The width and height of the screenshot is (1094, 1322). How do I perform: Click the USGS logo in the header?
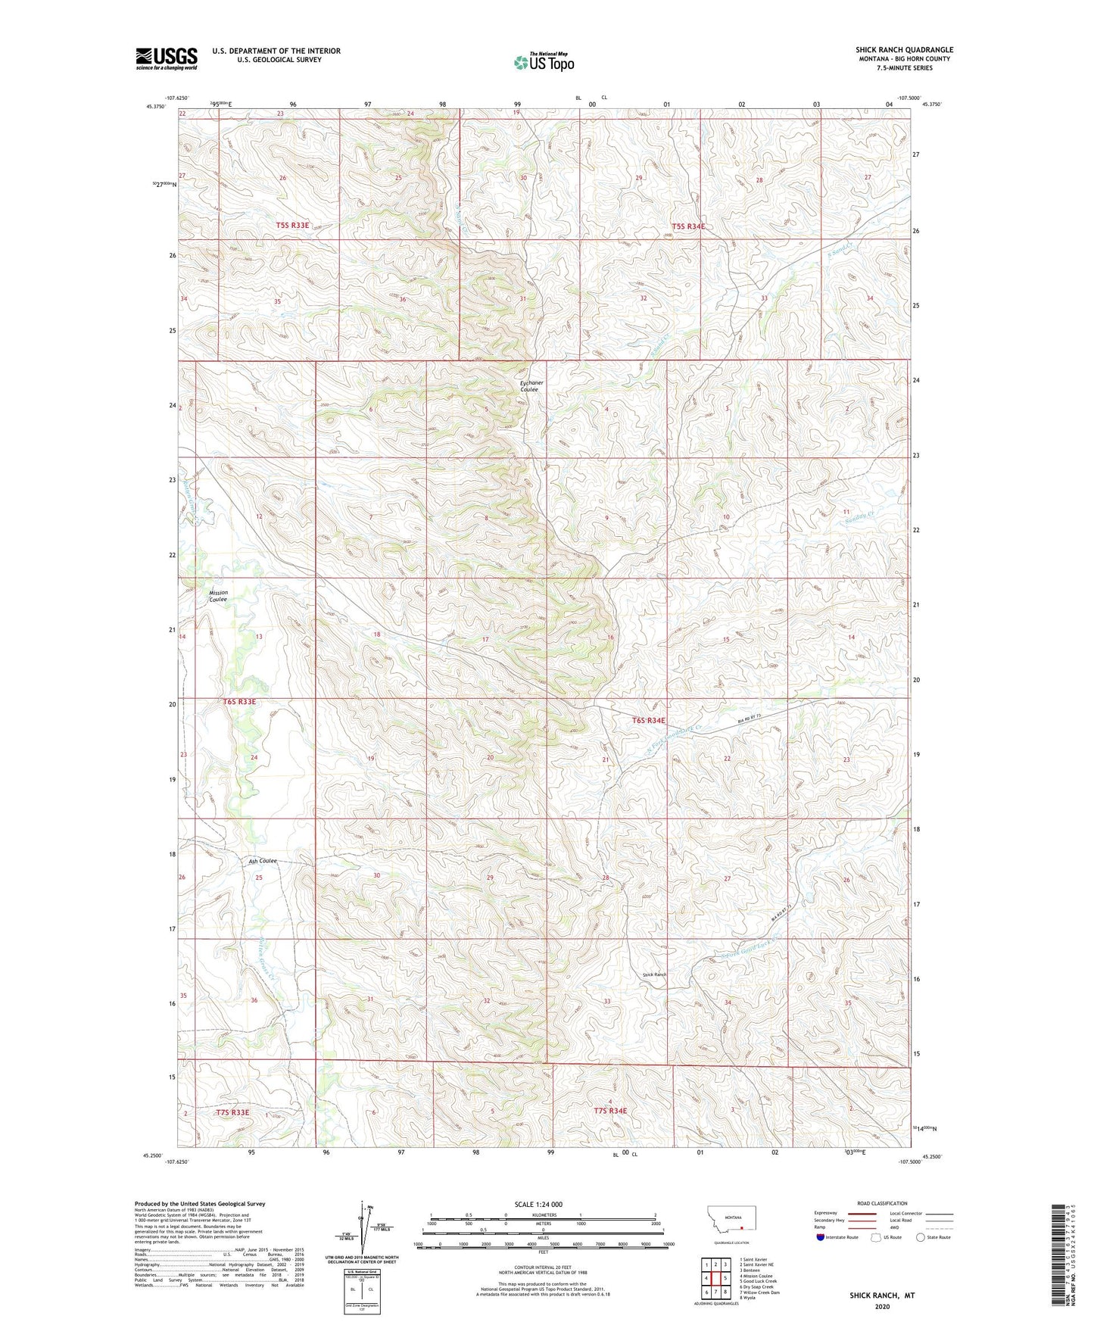pos(167,58)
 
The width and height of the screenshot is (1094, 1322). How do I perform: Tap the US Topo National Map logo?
pos(544,62)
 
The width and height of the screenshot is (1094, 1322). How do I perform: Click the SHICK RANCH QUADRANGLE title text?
pos(904,49)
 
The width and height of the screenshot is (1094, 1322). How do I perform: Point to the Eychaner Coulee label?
pos(531,386)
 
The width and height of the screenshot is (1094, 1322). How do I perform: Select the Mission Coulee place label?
pos(218,596)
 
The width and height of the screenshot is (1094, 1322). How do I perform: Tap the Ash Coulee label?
pos(263,861)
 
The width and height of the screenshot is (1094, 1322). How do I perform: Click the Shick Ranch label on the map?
pos(654,974)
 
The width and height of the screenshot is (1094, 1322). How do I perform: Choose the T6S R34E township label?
pos(648,721)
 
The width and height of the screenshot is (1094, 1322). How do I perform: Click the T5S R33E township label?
pos(292,226)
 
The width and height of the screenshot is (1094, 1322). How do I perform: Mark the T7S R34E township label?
pos(610,1111)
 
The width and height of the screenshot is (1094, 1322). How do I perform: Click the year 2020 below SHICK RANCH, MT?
pos(881,1306)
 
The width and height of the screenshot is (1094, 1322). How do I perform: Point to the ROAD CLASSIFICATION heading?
pos(881,1203)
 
